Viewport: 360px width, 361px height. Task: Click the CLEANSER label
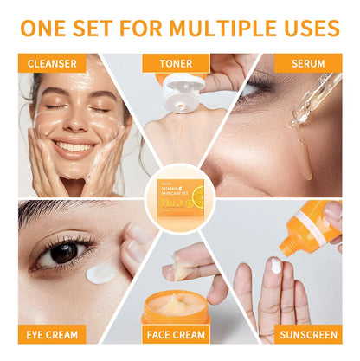[x=51, y=63]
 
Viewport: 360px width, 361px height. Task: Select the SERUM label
[x=308, y=63]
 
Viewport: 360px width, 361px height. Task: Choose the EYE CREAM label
[x=51, y=333]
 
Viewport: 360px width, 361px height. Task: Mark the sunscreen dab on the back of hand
[x=274, y=266]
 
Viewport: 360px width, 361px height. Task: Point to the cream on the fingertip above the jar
[x=182, y=271]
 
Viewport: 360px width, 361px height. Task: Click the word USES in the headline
[x=309, y=28]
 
